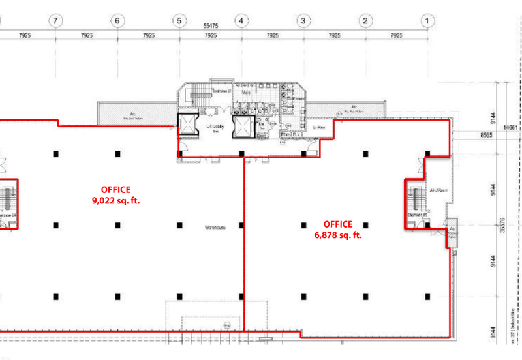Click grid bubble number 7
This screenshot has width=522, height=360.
(56, 22)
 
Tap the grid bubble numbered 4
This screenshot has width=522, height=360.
(241, 22)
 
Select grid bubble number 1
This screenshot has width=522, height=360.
(427, 22)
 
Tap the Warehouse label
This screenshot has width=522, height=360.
(215, 228)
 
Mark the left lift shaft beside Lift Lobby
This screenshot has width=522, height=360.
(189, 125)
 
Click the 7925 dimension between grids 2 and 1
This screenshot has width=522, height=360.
(396, 36)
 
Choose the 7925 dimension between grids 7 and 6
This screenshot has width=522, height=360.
(87, 36)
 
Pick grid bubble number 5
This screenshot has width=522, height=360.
(179, 22)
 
